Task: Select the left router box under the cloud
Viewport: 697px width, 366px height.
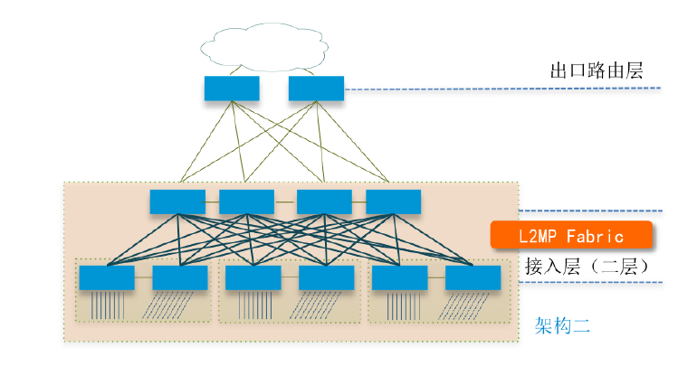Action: coord(232,89)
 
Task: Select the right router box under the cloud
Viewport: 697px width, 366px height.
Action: coord(316,89)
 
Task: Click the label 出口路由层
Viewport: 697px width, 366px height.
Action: coord(597,70)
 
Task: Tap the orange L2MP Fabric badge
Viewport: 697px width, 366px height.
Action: coord(571,235)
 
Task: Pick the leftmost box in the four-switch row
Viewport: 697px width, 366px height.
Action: coord(177,202)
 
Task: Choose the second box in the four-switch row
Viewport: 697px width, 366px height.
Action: coord(246,202)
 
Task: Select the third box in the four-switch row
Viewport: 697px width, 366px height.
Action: coord(324,202)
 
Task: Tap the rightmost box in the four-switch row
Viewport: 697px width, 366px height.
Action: coord(393,202)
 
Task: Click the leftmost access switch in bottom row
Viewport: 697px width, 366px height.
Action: coord(107,277)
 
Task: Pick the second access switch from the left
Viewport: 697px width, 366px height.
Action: coord(180,277)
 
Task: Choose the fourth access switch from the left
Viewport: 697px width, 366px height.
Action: coord(326,277)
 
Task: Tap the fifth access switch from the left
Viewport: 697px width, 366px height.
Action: coord(399,277)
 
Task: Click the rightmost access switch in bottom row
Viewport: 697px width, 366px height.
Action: coord(473,277)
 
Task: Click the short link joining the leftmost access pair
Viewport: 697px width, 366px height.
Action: coord(143,277)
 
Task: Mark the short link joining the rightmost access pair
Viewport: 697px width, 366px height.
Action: coord(435,277)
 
